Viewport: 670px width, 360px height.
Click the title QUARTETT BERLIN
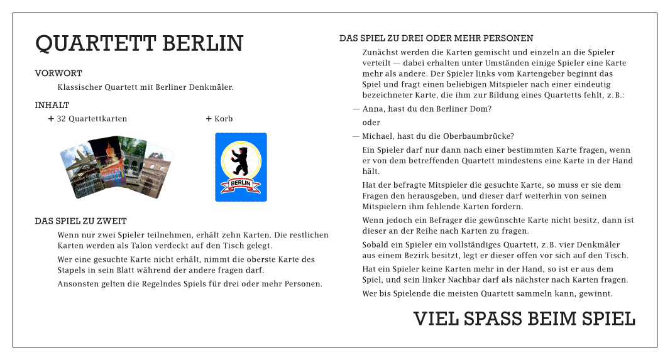139,44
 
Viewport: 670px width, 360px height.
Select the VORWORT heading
58,74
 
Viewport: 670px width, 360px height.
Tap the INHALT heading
52,105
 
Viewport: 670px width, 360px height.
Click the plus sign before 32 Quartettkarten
51,119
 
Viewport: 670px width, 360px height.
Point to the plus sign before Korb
209,119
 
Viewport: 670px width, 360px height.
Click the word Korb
224,119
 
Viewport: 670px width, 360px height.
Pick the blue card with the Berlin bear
241,167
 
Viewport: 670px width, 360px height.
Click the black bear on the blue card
240,161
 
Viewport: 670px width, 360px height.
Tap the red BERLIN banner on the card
241,183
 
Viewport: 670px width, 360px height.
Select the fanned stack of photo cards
116,166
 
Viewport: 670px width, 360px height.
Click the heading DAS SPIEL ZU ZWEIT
81,221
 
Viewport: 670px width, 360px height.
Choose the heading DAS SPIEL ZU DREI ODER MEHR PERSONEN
436,38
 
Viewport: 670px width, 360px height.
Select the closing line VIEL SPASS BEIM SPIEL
524,319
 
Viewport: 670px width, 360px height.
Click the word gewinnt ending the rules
595,293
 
